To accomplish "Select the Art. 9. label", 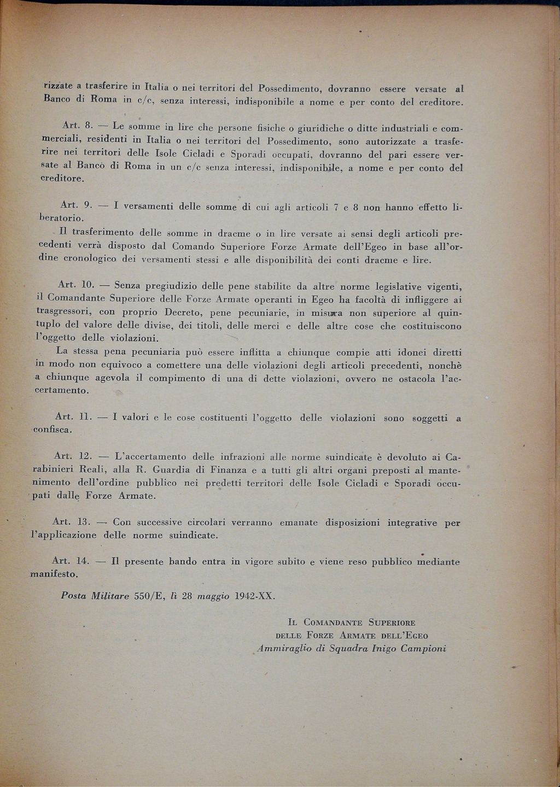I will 75,205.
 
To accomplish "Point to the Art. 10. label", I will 77,285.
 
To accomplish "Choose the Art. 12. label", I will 73,456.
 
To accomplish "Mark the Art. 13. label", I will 71,522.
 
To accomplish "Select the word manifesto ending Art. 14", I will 54,574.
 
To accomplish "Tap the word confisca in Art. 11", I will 52,430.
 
